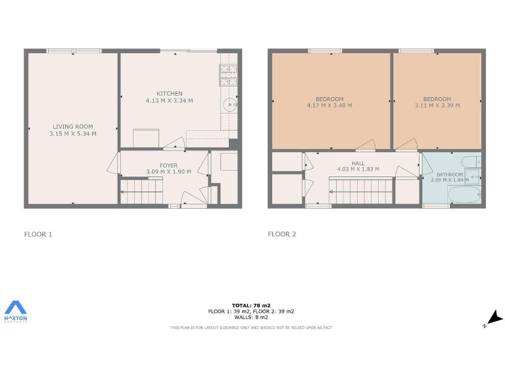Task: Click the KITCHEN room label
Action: tap(169, 93)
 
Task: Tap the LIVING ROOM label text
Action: tap(73, 127)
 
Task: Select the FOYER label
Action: tap(168, 165)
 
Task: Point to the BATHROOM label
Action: tap(450, 175)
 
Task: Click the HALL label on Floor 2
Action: tap(358, 163)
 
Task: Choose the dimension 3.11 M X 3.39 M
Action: tap(437, 105)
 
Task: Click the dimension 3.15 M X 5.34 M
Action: tap(73, 134)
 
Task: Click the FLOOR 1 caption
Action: tap(37, 234)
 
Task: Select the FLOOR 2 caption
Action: tap(281, 234)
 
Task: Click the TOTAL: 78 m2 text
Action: tap(251, 305)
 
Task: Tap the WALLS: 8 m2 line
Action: tap(251, 317)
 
